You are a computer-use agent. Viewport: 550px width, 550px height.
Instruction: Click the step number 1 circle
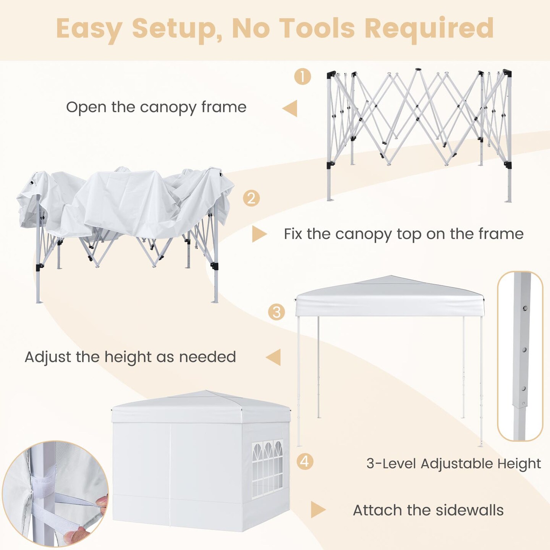pyautogui.click(x=302, y=76)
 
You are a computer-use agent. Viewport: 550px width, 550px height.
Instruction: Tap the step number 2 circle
pyautogui.click(x=251, y=198)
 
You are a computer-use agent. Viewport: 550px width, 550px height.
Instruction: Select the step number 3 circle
pyautogui.click(x=276, y=312)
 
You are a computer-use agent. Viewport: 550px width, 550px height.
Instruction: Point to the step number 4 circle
pyautogui.click(x=305, y=461)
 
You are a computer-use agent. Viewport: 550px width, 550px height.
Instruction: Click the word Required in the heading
pyautogui.click(x=429, y=30)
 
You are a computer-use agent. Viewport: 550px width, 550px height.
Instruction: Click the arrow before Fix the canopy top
pyautogui.click(x=259, y=234)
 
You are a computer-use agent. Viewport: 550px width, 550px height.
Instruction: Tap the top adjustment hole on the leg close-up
pyautogui.click(x=525, y=308)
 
